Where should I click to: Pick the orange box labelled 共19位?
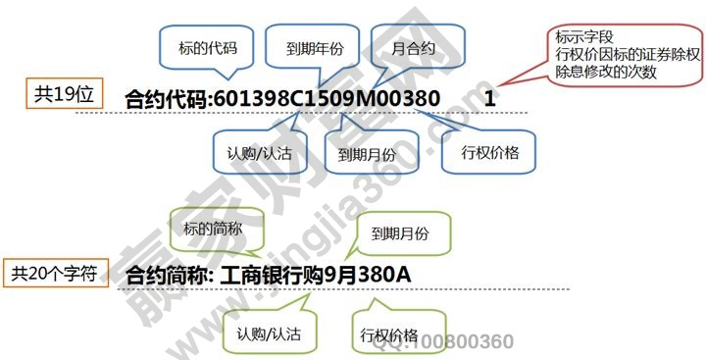click(x=64, y=94)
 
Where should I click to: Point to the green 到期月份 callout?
click(x=401, y=234)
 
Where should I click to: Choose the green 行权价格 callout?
click(x=390, y=334)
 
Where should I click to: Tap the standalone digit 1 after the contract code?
click(x=490, y=99)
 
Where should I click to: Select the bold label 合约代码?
click(x=166, y=99)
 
